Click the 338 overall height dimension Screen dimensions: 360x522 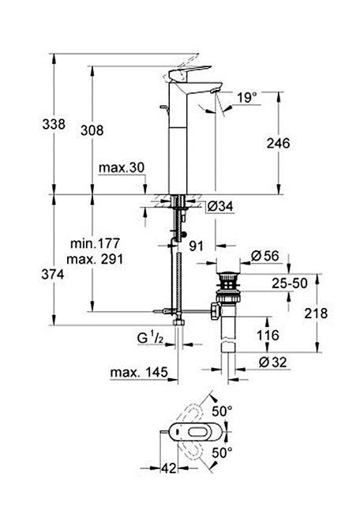click(54, 124)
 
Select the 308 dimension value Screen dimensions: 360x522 click(92, 130)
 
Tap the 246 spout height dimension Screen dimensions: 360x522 click(278, 143)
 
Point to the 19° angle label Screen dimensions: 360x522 click(247, 98)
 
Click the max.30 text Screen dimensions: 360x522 click(122, 167)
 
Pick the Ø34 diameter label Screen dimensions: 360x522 click(220, 207)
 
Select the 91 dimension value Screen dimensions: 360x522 click(196, 246)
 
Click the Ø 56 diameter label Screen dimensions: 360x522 click(264, 256)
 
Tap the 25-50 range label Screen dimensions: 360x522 click(290, 284)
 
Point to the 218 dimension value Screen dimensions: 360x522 click(316, 314)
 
